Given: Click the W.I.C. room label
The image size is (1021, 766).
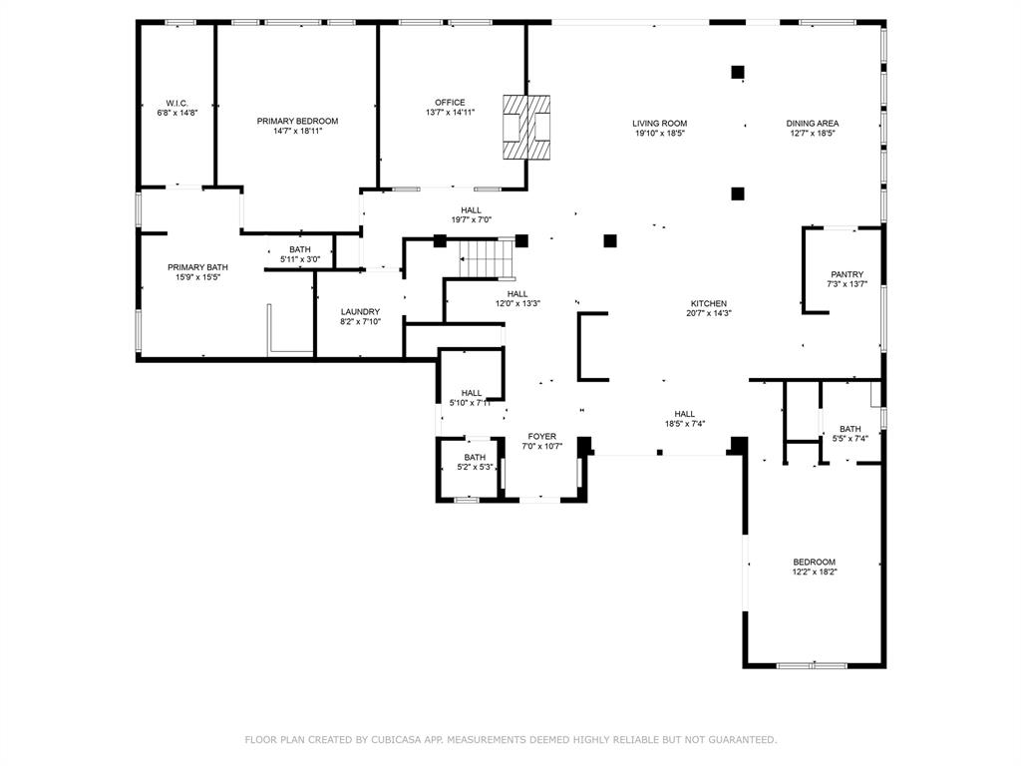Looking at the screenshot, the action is [x=177, y=104].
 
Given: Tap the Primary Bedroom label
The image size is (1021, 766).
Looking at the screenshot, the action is [x=297, y=121].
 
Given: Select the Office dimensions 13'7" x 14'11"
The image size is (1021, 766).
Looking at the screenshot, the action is [x=450, y=112].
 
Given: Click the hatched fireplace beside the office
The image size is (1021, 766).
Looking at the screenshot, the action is [x=526, y=127].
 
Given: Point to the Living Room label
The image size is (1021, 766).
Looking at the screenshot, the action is [x=660, y=123].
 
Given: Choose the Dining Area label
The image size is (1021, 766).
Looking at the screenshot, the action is [x=812, y=123].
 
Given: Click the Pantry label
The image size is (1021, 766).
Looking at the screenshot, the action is [x=848, y=275].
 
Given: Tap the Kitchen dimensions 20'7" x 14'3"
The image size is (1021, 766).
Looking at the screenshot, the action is [x=709, y=313].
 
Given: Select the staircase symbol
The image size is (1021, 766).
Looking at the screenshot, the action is [x=487, y=258].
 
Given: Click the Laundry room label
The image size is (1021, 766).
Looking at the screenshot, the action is [x=360, y=312].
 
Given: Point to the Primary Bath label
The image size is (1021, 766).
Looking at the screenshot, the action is [x=198, y=267].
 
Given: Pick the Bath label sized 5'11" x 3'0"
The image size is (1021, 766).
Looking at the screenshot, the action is [x=300, y=249].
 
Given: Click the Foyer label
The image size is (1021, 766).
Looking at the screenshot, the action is [x=542, y=437].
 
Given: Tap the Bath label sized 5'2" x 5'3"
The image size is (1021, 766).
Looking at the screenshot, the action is [x=475, y=457].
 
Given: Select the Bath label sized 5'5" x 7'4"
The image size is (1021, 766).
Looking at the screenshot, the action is [x=850, y=429].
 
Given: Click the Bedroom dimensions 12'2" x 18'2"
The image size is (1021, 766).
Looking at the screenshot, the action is [x=815, y=572].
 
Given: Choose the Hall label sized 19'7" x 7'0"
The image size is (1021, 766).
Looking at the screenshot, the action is [x=472, y=210].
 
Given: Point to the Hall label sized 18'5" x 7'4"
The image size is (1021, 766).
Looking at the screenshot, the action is [x=684, y=414].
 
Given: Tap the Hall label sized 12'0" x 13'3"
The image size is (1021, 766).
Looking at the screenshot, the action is [x=517, y=294].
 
